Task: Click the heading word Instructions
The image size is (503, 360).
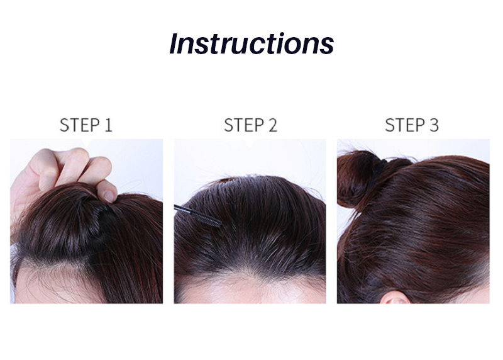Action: click(x=251, y=43)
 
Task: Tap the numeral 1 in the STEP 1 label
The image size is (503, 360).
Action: click(x=108, y=125)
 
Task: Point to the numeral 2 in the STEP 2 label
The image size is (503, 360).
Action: click(x=273, y=125)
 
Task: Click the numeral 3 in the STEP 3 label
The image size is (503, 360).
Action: click(x=434, y=125)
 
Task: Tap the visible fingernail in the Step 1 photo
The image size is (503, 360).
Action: click(x=109, y=196)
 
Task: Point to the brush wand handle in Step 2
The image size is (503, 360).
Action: click(x=183, y=208)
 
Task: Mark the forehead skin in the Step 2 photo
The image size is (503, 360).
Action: click(x=250, y=291)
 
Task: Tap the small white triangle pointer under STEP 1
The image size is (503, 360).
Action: click(x=86, y=142)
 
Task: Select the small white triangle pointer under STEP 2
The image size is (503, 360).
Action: click(x=250, y=144)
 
